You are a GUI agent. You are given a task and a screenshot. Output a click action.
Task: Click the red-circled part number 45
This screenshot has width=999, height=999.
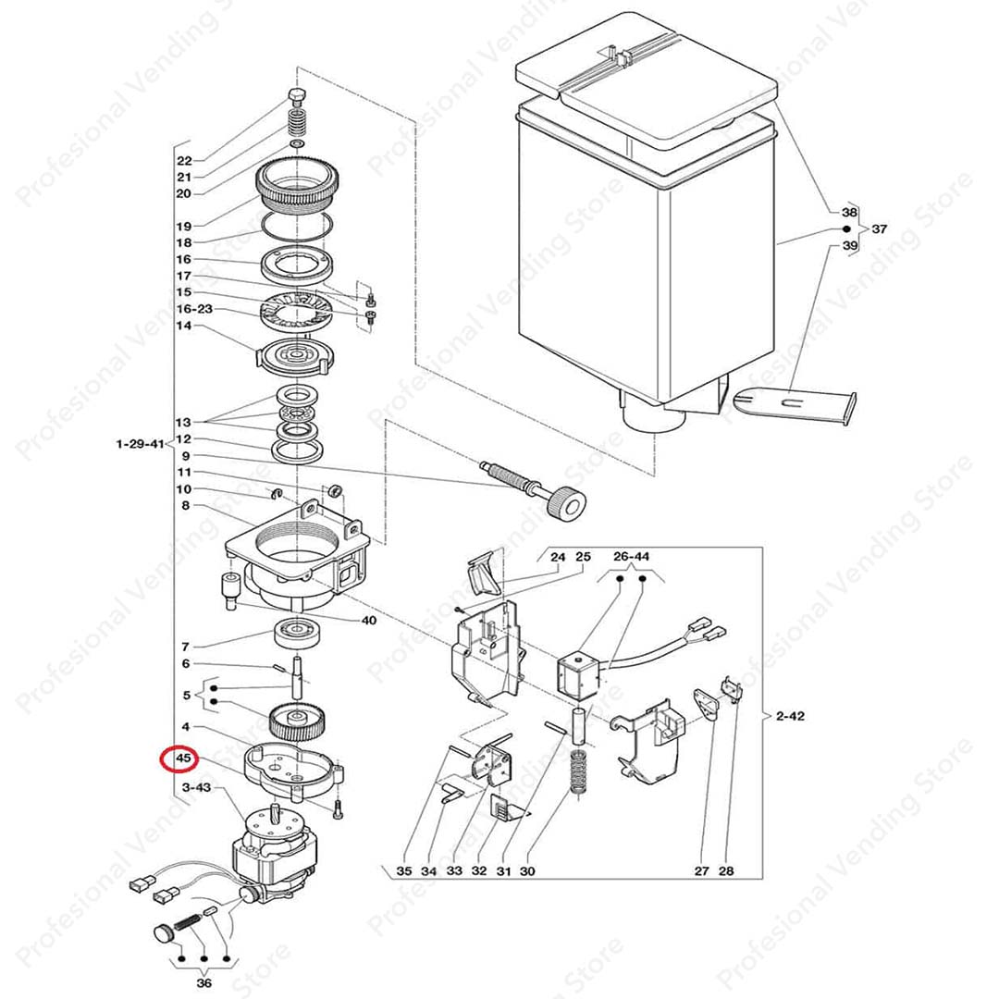[x=183, y=758]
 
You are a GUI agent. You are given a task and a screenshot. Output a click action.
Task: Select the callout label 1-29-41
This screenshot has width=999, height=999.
[x=141, y=444]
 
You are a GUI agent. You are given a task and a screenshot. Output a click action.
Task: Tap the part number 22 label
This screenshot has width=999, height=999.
[x=184, y=161]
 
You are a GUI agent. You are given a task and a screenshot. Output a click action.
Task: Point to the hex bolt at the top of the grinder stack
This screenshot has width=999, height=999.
[x=296, y=97]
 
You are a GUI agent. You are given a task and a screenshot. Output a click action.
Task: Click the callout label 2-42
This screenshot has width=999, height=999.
[x=790, y=715]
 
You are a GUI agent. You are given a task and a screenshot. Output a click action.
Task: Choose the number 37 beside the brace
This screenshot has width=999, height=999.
[x=880, y=228]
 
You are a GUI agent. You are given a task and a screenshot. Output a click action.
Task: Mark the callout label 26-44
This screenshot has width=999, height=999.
[x=632, y=556]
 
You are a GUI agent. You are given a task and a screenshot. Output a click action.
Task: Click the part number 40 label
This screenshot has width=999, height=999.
[x=369, y=620]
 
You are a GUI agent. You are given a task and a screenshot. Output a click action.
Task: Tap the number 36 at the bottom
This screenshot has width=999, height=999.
[x=203, y=983]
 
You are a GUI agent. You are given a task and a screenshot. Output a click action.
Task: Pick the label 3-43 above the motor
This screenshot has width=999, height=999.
[x=196, y=787]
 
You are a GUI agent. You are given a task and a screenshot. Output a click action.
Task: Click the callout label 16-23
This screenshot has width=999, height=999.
[x=194, y=309]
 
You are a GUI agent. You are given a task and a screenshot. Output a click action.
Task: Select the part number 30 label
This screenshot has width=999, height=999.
[x=527, y=871]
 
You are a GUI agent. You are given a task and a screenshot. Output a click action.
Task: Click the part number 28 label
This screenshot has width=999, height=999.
[x=726, y=871]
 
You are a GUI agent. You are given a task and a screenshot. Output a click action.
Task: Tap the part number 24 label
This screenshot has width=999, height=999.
[x=558, y=557]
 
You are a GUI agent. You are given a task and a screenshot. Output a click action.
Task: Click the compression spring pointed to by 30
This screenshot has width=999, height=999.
[x=579, y=771]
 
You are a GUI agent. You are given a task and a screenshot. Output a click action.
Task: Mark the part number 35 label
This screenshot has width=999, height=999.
[x=404, y=871]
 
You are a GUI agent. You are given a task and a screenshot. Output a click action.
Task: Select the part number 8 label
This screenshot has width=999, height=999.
[x=185, y=505]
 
